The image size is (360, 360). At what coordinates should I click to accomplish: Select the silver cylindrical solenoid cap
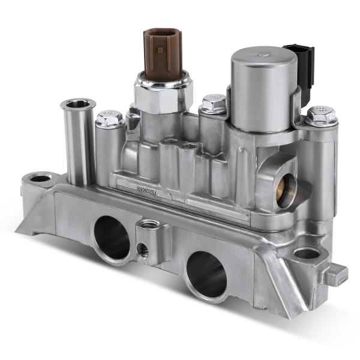point(263,90)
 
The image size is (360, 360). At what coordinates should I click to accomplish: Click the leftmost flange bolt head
point(109,118)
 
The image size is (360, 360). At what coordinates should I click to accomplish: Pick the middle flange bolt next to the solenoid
point(214,104)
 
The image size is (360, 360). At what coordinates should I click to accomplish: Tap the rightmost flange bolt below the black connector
point(320,115)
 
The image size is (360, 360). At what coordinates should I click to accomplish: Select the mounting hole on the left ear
point(41,178)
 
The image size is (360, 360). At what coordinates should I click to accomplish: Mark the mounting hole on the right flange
point(307,253)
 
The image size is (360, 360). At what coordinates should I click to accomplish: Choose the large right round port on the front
point(206,273)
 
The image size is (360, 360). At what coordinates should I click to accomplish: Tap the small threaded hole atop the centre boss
point(150,224)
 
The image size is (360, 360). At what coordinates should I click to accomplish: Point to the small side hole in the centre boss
point(143,249)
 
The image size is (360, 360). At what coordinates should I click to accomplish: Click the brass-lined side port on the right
point(285,190)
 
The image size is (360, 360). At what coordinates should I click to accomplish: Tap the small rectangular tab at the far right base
point(339,274)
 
